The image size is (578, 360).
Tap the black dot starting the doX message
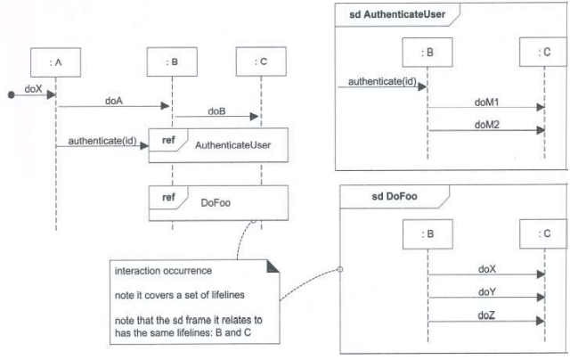pos(12,94)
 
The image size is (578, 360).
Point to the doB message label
pos(216,110)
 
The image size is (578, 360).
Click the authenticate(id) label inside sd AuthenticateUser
pos(377,81)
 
